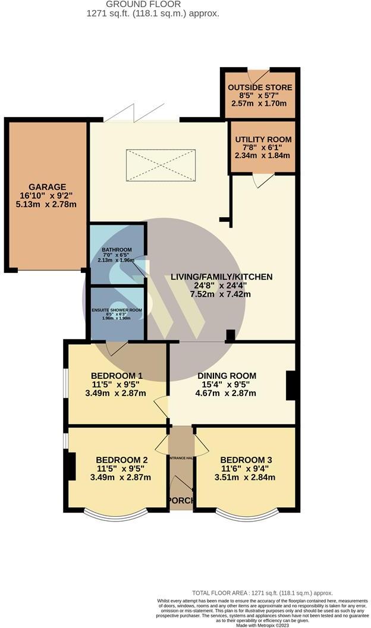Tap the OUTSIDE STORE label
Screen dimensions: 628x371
click(260, 87)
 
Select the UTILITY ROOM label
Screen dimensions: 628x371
click(260, 139)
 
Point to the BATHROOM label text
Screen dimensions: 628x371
click(116, 250)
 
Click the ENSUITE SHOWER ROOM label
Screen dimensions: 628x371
click(117, 310)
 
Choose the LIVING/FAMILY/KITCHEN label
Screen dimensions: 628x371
click(221, 277)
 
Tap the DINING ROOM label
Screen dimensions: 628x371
click(227, 375)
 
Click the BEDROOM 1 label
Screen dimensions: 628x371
click(117, 375)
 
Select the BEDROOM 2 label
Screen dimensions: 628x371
click(122, 460)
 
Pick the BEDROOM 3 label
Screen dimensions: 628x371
click(246, 460)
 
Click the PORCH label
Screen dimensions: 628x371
click(181, 500)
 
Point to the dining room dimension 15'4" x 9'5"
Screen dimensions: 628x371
click(227, 384)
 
